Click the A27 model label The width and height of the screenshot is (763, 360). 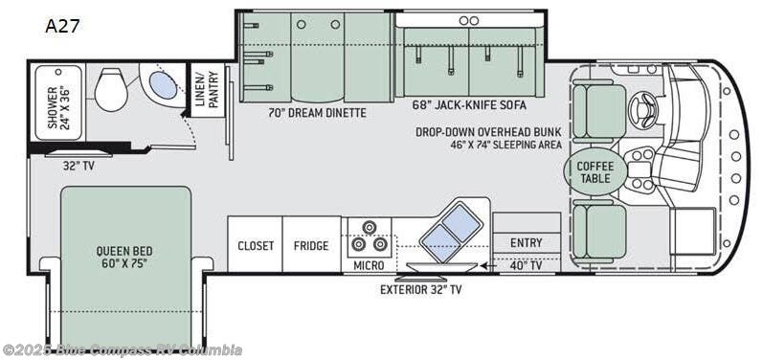point(62,26)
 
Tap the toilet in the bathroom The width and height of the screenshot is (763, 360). point(111,89)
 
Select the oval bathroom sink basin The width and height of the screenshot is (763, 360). point(163,85)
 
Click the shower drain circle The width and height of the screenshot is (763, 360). point(58,72)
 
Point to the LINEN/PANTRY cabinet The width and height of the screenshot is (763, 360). point(208,90)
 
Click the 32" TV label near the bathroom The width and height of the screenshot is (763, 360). point(79,166)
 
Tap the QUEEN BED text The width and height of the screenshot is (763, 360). point(124,251)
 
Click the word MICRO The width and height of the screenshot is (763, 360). point(369,265)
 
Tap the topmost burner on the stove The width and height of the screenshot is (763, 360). point(370,227)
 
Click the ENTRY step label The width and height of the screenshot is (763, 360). point(526,242)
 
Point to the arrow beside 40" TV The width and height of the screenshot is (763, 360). point(488,265)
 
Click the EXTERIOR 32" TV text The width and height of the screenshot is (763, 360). point(421,290)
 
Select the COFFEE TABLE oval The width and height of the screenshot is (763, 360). point(595,171)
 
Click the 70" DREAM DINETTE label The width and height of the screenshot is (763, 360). point(317,113)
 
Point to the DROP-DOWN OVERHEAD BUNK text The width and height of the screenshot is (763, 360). point(488,132)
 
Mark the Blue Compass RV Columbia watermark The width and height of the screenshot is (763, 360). point(122,349)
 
